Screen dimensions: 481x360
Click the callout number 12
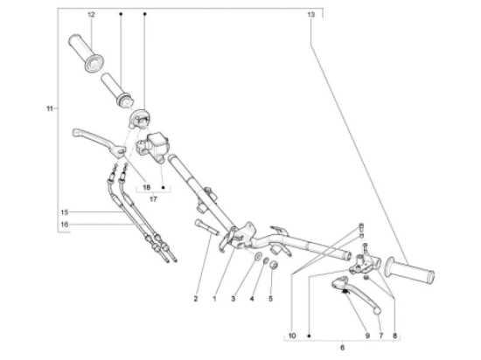pos(91,14)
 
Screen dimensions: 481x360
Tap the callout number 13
pos(310,14)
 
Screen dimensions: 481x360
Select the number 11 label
pos(50,108)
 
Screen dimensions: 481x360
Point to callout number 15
pos(65,212)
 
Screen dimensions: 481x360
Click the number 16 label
pos(65,225)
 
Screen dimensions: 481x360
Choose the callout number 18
pos(147,187)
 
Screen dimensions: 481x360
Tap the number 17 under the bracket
pos(153,199)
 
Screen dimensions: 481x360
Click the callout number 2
pos(196,299)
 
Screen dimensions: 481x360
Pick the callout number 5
pos(270,299)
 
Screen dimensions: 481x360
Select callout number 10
pos(292,336)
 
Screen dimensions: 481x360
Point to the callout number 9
pos(367,336)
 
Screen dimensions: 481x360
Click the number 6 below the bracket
pos(342,348)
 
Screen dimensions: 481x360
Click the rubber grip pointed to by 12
pos(86,53)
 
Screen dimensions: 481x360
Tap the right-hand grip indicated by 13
pos(409,271)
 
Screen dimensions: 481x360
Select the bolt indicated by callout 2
pos(206,227)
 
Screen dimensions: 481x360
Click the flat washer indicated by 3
pos(258,255)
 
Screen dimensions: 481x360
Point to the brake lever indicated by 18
pos(99,142)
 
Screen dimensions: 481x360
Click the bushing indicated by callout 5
pos(274,266)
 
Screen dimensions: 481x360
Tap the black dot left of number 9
pos(309,336)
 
